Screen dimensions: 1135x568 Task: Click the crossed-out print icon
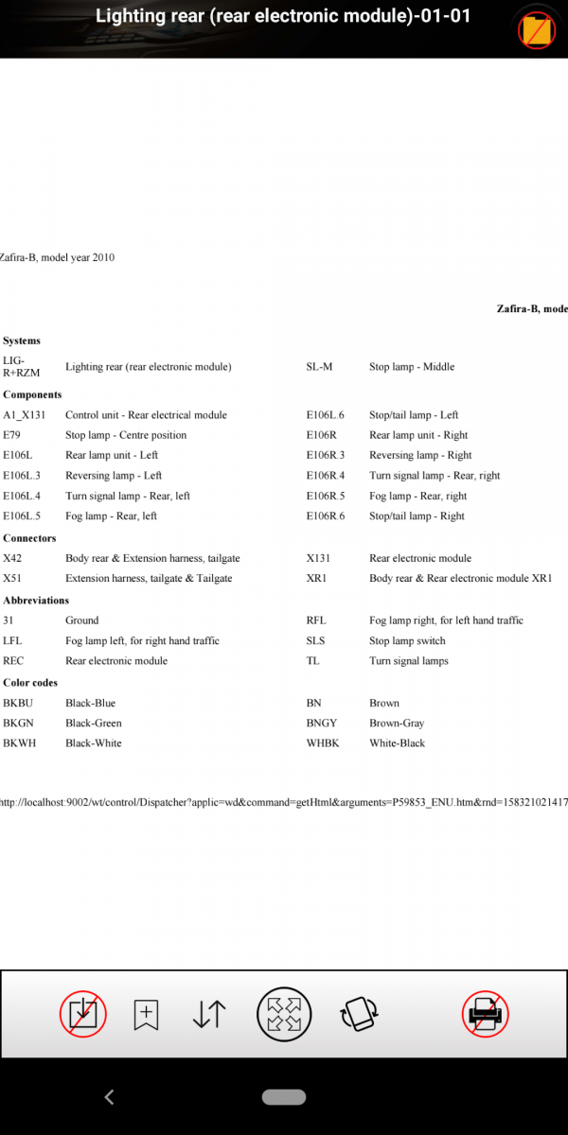point(486,1014)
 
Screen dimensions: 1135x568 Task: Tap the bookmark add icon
point(146,1014)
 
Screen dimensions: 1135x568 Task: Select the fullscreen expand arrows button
point(284,1014)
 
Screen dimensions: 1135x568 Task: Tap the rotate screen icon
point(360,1014)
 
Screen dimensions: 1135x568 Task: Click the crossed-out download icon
point(83,1014)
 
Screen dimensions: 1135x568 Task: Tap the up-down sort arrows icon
point(209,1014)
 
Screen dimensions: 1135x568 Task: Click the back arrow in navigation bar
point(109,1097)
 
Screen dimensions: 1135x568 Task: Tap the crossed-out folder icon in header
point(536,30)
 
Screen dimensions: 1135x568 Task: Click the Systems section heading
point(22,340)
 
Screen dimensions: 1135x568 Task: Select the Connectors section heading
point(29,538)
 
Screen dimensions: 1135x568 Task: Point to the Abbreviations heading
point(36,600)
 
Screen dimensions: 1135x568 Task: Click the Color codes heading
point(30,682)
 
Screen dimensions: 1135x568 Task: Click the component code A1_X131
point(24,415)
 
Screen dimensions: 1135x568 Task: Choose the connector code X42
point(12,558)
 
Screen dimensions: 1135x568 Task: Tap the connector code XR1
point(316,578)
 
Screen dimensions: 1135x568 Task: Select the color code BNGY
point(320,723)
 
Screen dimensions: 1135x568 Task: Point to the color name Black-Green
point(93,723)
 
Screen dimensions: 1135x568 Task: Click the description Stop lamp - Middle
point(412,367)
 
